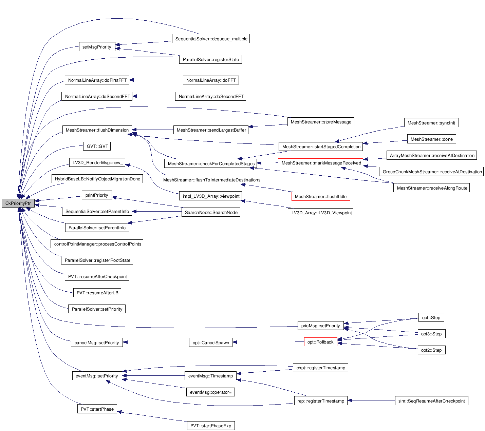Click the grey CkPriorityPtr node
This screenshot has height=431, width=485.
[18, 203]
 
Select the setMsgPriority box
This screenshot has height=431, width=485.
[97, 47]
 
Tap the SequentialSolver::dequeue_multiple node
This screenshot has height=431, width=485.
[211, 39]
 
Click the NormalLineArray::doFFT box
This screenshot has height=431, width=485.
[211, 80]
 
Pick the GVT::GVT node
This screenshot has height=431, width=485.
[97, 146]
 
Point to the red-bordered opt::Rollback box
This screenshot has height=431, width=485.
[320, 342]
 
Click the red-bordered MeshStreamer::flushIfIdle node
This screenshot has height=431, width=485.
[320, 197]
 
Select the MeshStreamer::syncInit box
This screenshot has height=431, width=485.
[431, 123]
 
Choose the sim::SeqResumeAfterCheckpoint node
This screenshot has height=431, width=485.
[431, 401]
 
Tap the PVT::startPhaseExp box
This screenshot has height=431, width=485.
[210, 426]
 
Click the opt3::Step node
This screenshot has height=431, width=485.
[431, 334]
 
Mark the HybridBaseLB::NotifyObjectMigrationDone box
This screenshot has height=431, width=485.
[97, 179]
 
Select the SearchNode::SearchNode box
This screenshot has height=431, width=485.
[211, 213]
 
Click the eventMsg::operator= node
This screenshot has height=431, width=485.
[210, 392]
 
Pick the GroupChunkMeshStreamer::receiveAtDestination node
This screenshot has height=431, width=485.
[432, 172]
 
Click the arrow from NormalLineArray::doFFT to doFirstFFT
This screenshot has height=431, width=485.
[156, 80]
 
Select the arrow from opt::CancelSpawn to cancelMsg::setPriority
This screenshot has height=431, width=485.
[156, 342]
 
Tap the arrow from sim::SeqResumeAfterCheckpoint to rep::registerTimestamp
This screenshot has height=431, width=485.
[371, 401]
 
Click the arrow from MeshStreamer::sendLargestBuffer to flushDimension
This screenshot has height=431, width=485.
[153, 130]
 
